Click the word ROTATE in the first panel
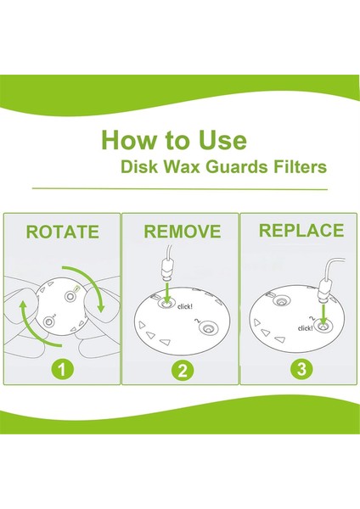tap(62, 232)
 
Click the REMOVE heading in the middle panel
tap(183, 232)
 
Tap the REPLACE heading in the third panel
tap(301, 231)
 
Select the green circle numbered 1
tap(62, 369)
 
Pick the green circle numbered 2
tap(183, 370)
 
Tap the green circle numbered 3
tap(301, 369)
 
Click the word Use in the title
tap(223, 140)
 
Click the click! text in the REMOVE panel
tap(185, 306)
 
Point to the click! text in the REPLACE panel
tap(305, 328)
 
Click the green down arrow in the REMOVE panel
tap(166, 294)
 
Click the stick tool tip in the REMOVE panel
tap(166, 278)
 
